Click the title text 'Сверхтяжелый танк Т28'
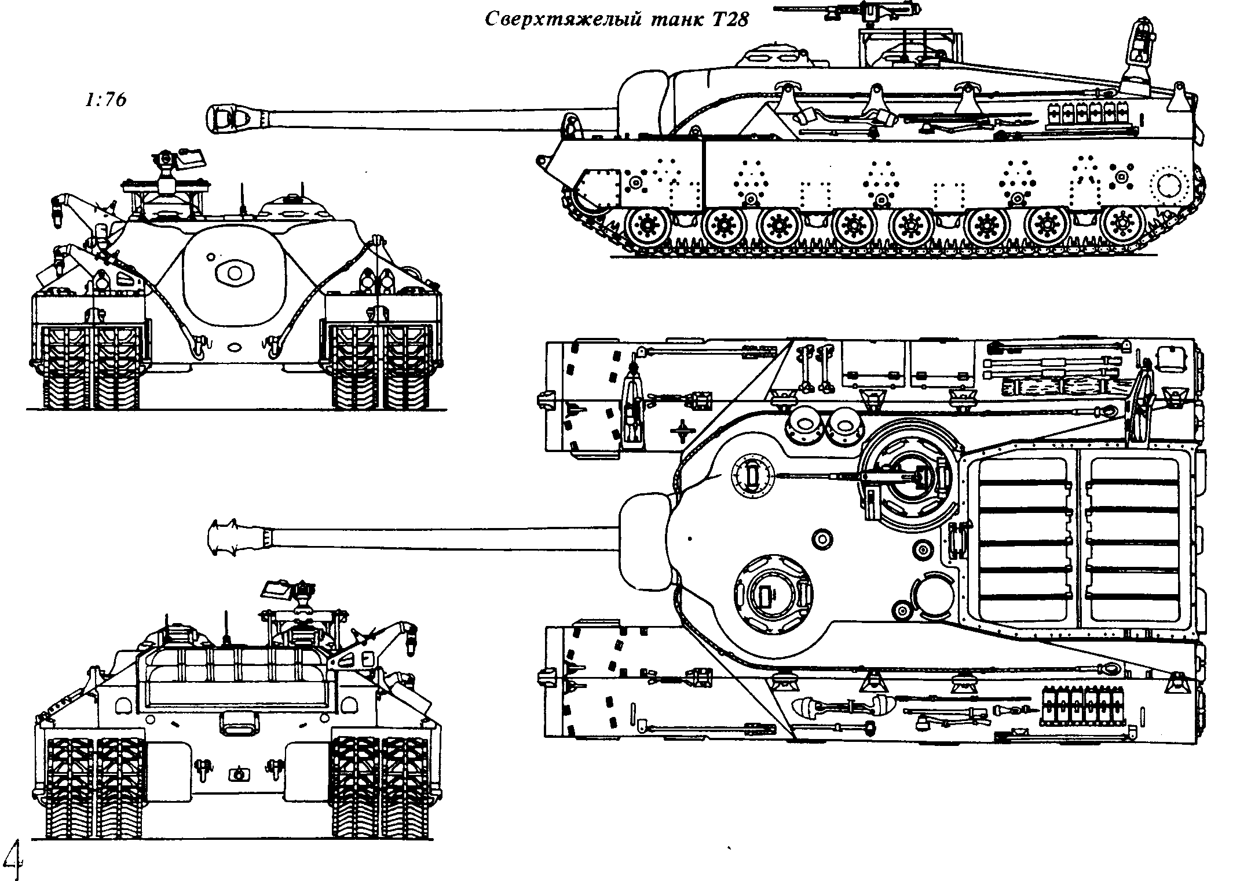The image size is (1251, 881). tap(616, 20)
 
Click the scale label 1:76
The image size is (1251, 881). tap(105, 100)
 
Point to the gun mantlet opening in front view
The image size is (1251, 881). tap(234, 272)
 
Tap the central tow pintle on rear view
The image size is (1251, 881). tap(237, 774)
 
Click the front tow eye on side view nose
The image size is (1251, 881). tap(543, 159)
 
